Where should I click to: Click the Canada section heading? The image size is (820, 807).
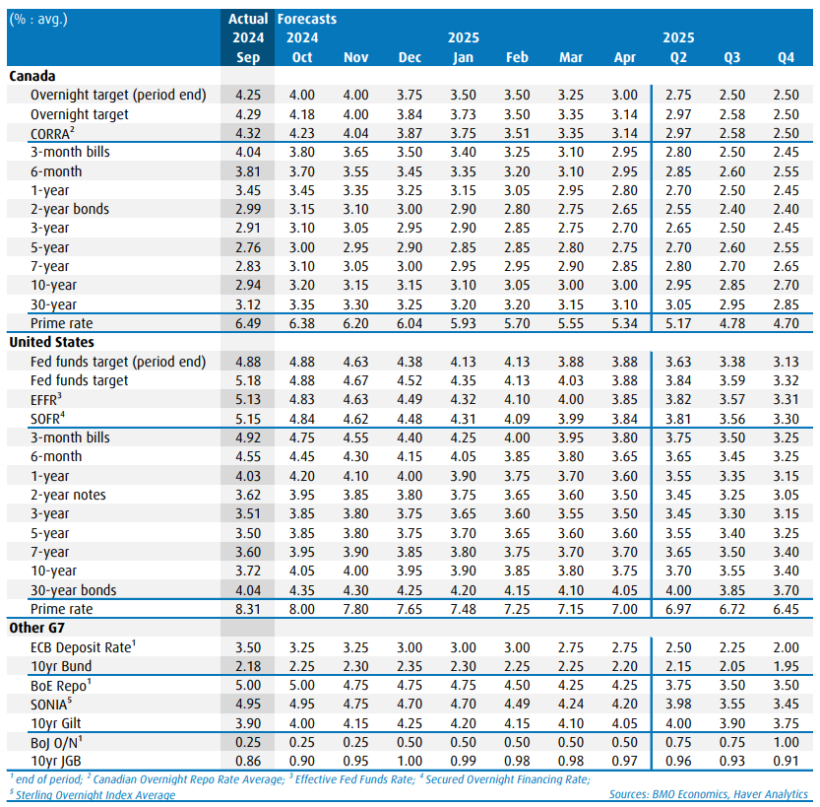pyautogui.click(x=32, y=76)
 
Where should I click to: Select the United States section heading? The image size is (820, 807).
pyautogui.click(x=51, y=342)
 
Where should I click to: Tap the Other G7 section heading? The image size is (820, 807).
pyautogui.click(x=39, y=628)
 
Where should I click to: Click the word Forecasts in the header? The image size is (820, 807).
pyautogui.click(x=307, y=19)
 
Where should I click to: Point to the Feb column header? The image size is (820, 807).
pyautogui.click(x=517, y=57)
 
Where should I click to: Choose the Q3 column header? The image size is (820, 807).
pyautogui.click(x=732, y=57)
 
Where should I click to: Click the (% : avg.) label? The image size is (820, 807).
pyautogui.click(x=40, y=19)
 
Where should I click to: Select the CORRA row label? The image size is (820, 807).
pyautogui.click(x=53, y=133)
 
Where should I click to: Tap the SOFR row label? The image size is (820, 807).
pyautogui.click(x=50, y=418)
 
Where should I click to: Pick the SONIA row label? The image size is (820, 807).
pyautogui.click(x=53, y=704)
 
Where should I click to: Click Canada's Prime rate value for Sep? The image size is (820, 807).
pyautogui.click(x=248, y=323)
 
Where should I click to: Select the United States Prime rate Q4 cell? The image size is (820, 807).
pyautogui.click(x=786, y=609)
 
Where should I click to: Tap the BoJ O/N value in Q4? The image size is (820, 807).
pyautogui.click(x=786, y=742)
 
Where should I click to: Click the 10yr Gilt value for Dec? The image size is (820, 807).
pyautogui.click(x=410, y=722)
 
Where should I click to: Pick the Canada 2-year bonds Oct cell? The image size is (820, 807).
pyautogui.click(x=301, y=209)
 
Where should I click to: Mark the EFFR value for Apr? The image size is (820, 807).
pyautogui.click(x=625, y=399)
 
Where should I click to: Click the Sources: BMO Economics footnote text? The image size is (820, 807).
pyautogui.click(x=708, y=794)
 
